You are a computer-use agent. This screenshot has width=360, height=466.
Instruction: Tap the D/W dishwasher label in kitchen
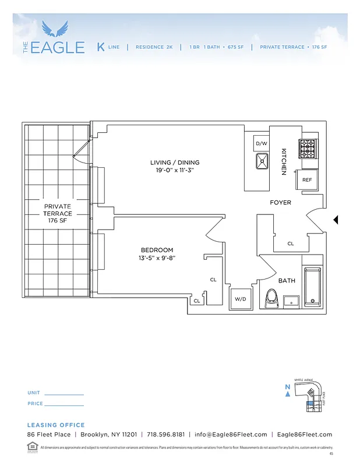click(261, 143)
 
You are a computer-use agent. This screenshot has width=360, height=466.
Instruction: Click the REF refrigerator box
click(307, 180)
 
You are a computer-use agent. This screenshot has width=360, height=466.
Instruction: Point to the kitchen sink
click(262, 161)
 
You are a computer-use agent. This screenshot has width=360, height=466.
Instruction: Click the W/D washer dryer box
click(241, 298)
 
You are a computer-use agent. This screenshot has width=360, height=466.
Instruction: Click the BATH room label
click(287, 281)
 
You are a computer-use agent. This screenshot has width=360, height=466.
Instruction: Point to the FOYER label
click(280, 203)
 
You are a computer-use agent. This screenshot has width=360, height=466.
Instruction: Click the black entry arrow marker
click(335, 220)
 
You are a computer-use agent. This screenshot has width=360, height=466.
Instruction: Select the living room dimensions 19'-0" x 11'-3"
click(175, 171)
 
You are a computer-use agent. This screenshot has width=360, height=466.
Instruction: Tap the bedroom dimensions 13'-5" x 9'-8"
click(157, 257)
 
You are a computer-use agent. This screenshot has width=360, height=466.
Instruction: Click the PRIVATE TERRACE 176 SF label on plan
click(57, 214)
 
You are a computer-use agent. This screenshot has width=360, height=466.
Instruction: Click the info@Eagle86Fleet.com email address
click(231, 435)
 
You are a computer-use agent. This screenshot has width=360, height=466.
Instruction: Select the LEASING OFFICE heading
click(56, 425)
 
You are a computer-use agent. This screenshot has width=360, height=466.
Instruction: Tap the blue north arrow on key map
click(288, 394)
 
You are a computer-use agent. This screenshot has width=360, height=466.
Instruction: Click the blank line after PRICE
click(64, 404)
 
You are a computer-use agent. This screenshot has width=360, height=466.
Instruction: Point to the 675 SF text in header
click(234, 47)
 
